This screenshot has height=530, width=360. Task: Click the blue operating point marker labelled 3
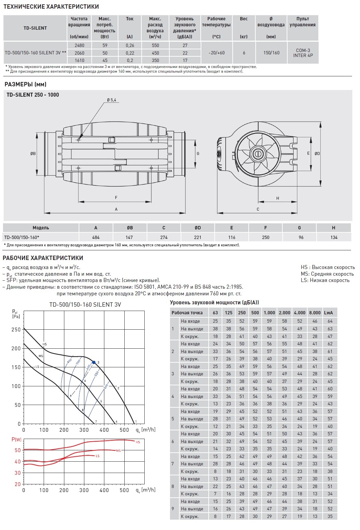[94, 362]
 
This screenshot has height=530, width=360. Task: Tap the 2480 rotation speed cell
[79, 45]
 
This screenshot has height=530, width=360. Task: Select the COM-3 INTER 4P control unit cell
[303, 53]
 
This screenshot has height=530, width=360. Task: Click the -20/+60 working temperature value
[216, 53]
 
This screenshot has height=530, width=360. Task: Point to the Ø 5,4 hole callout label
[111, 100]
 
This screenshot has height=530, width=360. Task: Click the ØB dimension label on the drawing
[33, 154]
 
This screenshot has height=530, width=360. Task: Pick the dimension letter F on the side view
[116, 198]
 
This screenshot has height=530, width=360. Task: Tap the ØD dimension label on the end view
[317, 154]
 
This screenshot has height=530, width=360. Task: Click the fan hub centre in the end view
[258, 154]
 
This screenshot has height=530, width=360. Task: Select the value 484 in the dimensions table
[96, 237]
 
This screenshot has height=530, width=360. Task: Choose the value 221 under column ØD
[198, 237]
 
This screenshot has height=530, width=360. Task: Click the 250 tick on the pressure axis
[16, 329]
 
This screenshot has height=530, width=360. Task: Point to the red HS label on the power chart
[138, 442]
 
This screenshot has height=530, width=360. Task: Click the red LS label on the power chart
[97, 456]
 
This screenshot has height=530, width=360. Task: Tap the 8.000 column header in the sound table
[315, 313]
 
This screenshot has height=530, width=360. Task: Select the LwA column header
[328, 313]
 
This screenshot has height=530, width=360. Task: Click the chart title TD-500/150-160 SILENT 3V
[85, 305]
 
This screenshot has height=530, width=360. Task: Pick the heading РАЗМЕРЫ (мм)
[25, 84]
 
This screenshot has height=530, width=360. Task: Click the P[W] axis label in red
[16, 439]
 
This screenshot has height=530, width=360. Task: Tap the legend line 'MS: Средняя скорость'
[327, 274]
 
